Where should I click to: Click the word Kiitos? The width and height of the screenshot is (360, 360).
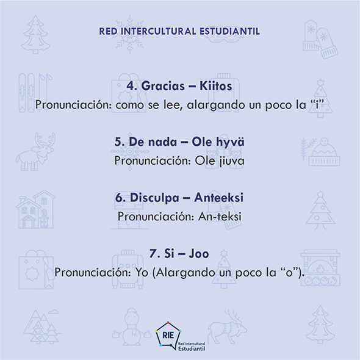(215, 86)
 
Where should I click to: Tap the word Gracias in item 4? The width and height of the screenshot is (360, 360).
(163, 86)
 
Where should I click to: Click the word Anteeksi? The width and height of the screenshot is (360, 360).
(218, 198)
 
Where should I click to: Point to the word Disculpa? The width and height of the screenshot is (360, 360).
(154, 198)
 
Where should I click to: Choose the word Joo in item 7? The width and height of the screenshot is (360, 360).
(199, 253)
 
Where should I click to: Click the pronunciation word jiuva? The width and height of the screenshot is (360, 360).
(232, 161)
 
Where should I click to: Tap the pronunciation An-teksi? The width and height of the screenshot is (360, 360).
(220, 216)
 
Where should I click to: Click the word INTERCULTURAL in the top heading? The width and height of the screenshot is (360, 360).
(159, 32)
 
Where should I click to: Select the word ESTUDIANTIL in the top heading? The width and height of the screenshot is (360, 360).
(229, 32)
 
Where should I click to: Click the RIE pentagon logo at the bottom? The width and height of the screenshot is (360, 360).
(168, 334)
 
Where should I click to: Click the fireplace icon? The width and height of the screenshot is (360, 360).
(320, 268)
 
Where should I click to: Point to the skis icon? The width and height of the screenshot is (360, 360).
(35, 93)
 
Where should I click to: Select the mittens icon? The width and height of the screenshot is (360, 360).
(320, 39)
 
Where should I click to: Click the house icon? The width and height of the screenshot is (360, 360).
(35, 209)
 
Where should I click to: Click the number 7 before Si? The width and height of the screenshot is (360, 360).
(153, 253)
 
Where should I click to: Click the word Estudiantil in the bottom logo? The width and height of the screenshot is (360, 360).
(192, 348)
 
